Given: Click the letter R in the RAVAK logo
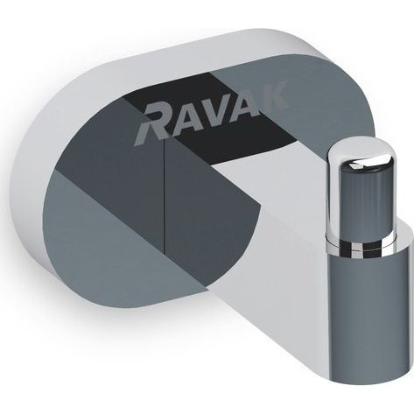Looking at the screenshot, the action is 153,125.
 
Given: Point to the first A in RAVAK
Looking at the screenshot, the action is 186,118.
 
